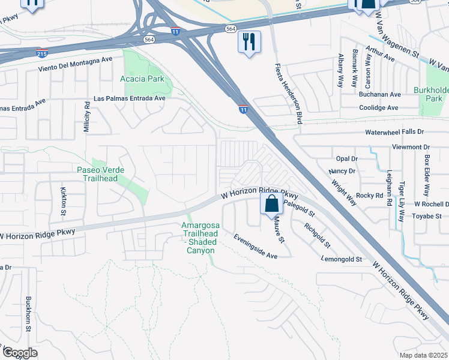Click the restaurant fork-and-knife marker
pos(249,43)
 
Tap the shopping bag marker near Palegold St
pos(271,203)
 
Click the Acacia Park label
pos(142,79)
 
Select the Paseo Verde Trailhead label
pos(100,174)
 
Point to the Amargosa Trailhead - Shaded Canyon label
pos(200,238)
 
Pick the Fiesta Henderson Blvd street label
pos(288,94)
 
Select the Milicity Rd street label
pos(87,116)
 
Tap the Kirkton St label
pos(63,197)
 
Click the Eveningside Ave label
pos(255,246)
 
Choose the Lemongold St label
pos(342,259)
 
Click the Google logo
pos(20,353)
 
